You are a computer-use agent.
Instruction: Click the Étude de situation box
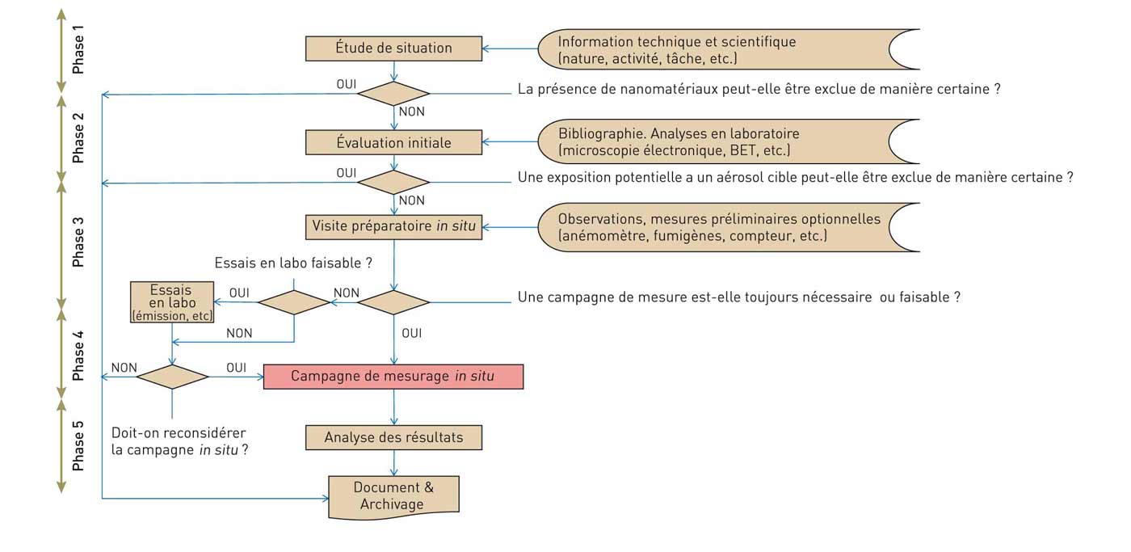tap(393, 48)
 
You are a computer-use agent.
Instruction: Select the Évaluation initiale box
tap(393, 143)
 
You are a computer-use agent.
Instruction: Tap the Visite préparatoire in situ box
tap(393, 226)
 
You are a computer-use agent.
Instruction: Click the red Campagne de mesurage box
tap(393, 377)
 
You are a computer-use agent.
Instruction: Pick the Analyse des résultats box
tap(393, 438)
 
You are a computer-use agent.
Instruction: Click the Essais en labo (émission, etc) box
tap(172, 302)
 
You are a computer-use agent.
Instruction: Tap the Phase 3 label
tap(78, 247)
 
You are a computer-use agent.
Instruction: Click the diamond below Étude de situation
tap(393, 94)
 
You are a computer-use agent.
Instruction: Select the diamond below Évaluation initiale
tap(393, 183)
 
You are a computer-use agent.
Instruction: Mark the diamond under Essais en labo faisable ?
tap(293, 302)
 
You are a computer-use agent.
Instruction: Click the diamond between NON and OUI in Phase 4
tap(172, 377)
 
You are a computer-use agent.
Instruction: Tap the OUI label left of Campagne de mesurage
tap(236, 368)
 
